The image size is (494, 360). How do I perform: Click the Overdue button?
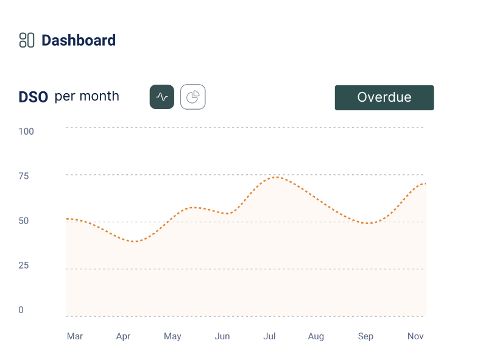[x=384, y=97]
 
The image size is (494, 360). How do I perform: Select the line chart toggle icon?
[x=162, y=97]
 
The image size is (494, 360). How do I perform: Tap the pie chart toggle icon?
[x=192, y=97]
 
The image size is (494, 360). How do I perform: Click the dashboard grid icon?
[x=26, y=40]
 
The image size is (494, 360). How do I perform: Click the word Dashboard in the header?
[x=79, y=41]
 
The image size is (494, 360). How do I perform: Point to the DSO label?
[x=34, y=97]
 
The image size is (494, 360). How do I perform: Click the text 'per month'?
[x=87, y=96]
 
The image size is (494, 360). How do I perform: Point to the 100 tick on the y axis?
[x=26, y=131]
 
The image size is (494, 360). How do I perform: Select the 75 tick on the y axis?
[x=24, y=176]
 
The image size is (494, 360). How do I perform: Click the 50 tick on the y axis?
[x=24, y=221]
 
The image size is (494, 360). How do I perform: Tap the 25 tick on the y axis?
[x=24, y=266]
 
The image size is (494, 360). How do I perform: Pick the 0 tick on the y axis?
[x=21, y=310]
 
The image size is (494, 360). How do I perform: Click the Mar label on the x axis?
[x=75, y=336]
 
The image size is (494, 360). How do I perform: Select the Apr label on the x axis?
[x=123, y=336]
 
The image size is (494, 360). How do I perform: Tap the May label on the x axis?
[x=172, y=336]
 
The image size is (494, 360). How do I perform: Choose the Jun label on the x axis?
[x=222, y=336]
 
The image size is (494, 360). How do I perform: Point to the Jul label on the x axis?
[x=269, y=336]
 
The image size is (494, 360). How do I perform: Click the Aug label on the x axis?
[x=316, y=336]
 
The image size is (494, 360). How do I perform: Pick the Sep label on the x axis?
[x=365, y=336]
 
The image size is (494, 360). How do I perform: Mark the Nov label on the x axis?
[x=415, y=336]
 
